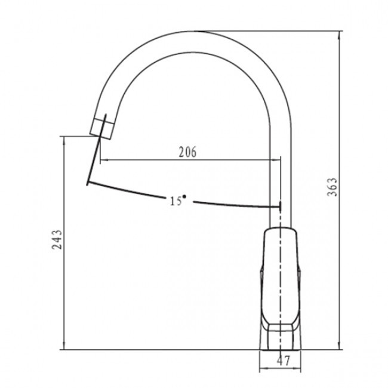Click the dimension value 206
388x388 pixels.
coord(187,152)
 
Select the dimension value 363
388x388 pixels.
coord(332,187)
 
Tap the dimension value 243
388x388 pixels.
coord(57,239)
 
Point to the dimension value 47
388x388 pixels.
coord(284,361)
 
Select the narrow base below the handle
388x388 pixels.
coord(281,340)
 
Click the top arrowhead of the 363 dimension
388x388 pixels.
coord(339,35)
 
